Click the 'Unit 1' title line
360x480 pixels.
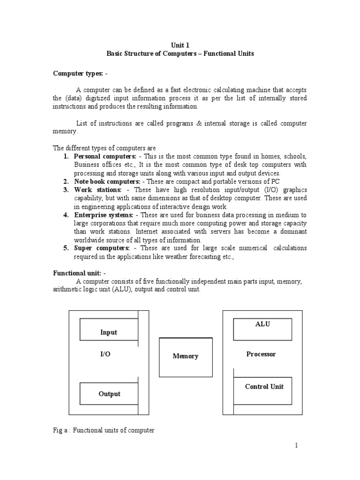180,45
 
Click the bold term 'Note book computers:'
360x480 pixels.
107,181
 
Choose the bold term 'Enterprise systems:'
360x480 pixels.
104,215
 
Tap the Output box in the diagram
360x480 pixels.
109,394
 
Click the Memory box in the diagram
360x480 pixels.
186,357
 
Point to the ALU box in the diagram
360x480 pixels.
262,329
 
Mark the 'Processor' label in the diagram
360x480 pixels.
261,354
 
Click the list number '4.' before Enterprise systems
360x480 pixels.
66,215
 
